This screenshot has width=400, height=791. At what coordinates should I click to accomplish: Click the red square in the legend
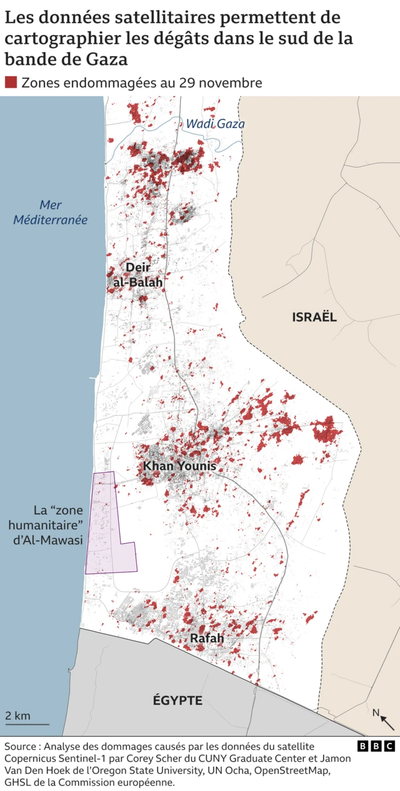pos(11,82)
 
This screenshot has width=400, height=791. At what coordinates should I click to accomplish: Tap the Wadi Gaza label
pos(215,124)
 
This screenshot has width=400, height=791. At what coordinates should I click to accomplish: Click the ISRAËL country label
pos(314,317)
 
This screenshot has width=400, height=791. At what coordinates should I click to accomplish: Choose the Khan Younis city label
pos(179,466)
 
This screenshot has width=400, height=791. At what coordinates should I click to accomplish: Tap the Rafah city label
pos(207,638)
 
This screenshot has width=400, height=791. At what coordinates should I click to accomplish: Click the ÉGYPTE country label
pos(177,700)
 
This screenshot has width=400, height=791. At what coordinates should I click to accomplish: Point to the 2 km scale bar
pos(27,724)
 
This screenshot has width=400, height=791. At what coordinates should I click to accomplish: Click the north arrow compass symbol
pos(384,719)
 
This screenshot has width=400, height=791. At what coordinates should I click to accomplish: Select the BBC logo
pos(376,746)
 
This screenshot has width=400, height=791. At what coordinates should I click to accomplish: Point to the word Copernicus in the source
pos(33,758)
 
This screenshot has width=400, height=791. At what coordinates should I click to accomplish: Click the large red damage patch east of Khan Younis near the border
pos(327,430)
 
